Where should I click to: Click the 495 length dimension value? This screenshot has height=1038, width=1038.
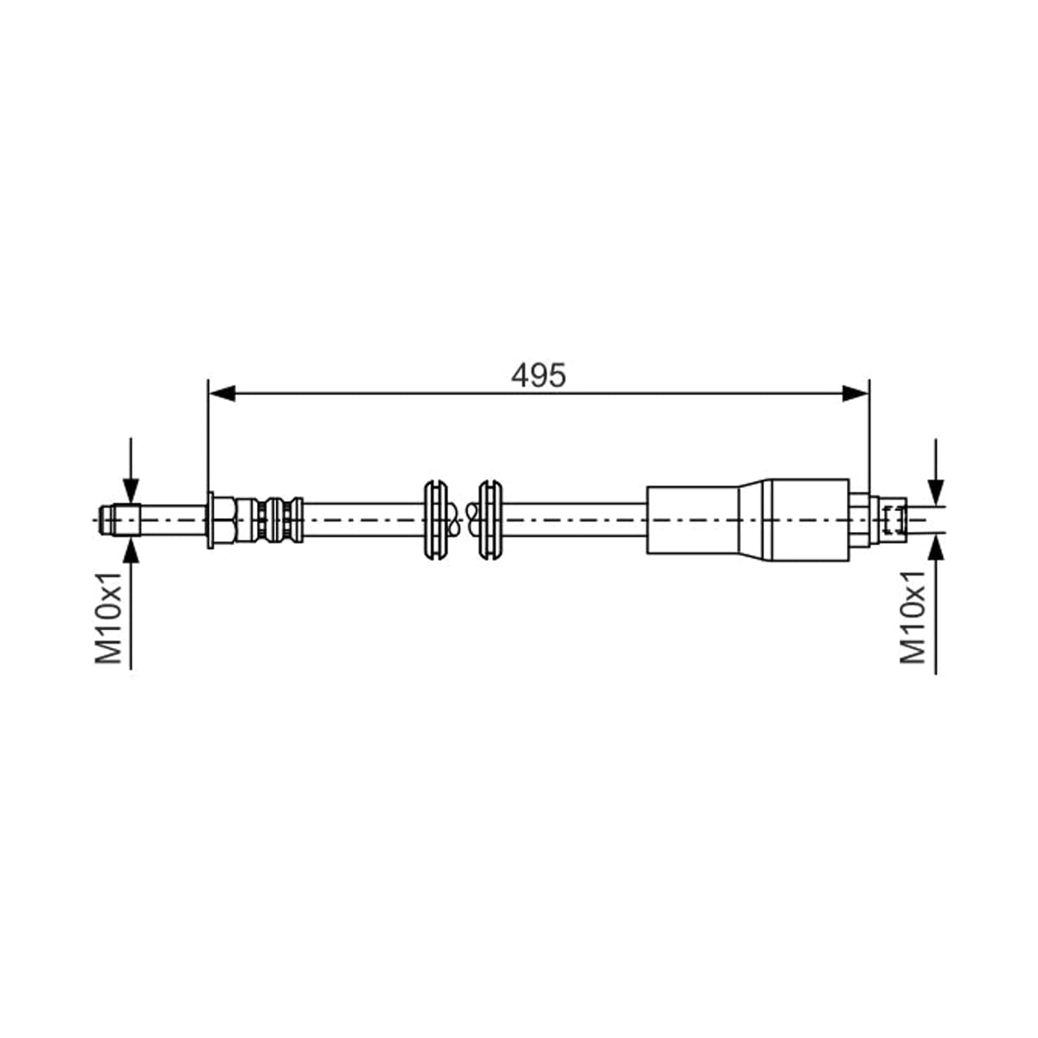[x=538, y=375]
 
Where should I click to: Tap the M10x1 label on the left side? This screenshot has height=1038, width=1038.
[x=108, y=618]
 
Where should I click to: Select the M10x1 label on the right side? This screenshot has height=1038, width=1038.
[x=913, y=618]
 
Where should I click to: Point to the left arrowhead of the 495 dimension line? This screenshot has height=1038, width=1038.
[x=221, y=394]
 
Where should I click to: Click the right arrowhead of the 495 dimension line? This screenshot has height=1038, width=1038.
[x=855, y=394]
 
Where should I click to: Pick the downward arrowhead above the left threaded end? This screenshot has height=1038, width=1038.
[x=131, y=492]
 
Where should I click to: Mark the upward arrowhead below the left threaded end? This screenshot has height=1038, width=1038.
[x=131, y=549]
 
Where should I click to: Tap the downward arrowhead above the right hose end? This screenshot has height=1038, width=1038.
[x=936, y=492]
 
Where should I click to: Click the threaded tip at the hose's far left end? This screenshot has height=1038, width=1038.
[x=119, y=521]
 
